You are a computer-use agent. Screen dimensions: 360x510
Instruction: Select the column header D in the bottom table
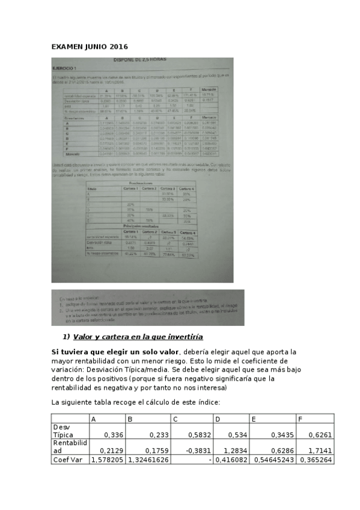point(218,419)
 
